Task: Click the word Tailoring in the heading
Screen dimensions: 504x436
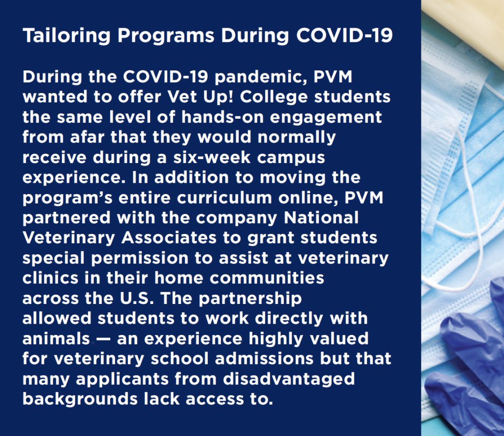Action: click(66, 35)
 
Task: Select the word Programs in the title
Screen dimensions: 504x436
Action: click(166, 35)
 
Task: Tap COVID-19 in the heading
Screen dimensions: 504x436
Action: click(344, 35)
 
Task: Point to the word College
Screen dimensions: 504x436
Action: click(274, 97)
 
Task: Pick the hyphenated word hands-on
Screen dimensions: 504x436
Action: click(222, 117)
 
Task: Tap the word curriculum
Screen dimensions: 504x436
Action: click(224, 198)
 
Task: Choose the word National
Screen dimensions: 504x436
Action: click(321, 218)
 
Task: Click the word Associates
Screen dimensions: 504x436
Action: click(169, 238)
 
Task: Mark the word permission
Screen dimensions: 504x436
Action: click(139, 259)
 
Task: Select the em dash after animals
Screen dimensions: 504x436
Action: click(103, 339)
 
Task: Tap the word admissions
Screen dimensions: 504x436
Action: click(264, 359)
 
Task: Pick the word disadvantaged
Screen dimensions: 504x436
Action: click(289, 379)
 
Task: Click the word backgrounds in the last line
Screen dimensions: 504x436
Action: click(80, 400)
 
